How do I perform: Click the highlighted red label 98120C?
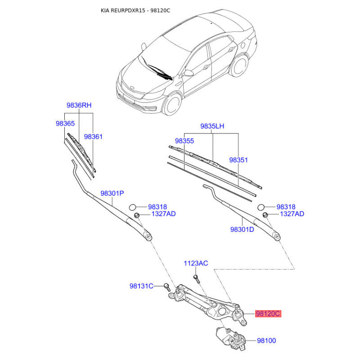(268, 313)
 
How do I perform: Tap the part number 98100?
(266, 341)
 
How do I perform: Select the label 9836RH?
(79, 105)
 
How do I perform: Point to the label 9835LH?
(212, 126)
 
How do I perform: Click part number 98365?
(65, 123)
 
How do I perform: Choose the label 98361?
(93, 137)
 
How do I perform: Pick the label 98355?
(184, 141)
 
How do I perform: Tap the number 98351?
(238, 160)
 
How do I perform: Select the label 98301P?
(112, 193)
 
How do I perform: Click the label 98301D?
(242, 229)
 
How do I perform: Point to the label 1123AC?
(196, 263)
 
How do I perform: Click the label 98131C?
(141, 286)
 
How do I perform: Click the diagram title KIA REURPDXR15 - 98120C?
(135, 10)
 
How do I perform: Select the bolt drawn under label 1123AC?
(196, 279)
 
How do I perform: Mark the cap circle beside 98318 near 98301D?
(261, 207)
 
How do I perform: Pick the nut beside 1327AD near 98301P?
(137, 216)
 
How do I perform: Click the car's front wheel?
(173, 105)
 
